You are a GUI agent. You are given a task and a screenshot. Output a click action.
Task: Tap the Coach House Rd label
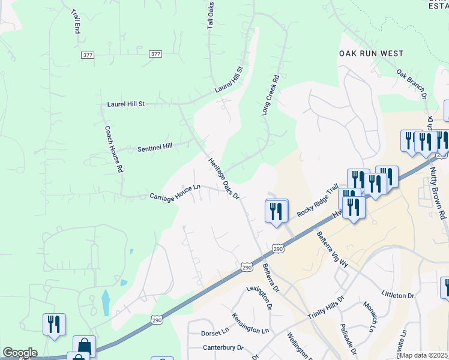pos(113,149)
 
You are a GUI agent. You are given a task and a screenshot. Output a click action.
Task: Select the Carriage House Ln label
pos(174,193)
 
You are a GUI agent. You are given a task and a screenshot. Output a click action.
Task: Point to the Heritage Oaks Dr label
pos(224,178)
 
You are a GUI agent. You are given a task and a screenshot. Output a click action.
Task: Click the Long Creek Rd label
pos(271,95)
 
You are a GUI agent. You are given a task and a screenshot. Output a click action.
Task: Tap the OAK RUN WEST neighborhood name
pos(371,53)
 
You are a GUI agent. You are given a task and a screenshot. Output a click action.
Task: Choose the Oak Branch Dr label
pos(411,84)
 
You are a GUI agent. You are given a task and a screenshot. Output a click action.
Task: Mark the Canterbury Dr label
pos(223,347)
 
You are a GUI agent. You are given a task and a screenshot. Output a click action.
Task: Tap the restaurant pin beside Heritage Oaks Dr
pos(277,212)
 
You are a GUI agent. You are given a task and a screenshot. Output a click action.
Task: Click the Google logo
pos(20,353)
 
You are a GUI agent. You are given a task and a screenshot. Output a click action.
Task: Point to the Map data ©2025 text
pos(423,355)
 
